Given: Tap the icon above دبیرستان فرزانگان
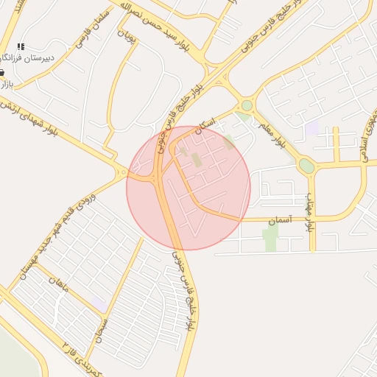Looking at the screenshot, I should tap(21, 46).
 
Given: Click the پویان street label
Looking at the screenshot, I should tap(130, 44).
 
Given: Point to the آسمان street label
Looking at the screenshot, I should tap(281, 219).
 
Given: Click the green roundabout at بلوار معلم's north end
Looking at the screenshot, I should tap(247, 106).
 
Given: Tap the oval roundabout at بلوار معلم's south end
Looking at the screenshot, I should tap(306, 166).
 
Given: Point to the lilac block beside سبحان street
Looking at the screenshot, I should tap(98, 303).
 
